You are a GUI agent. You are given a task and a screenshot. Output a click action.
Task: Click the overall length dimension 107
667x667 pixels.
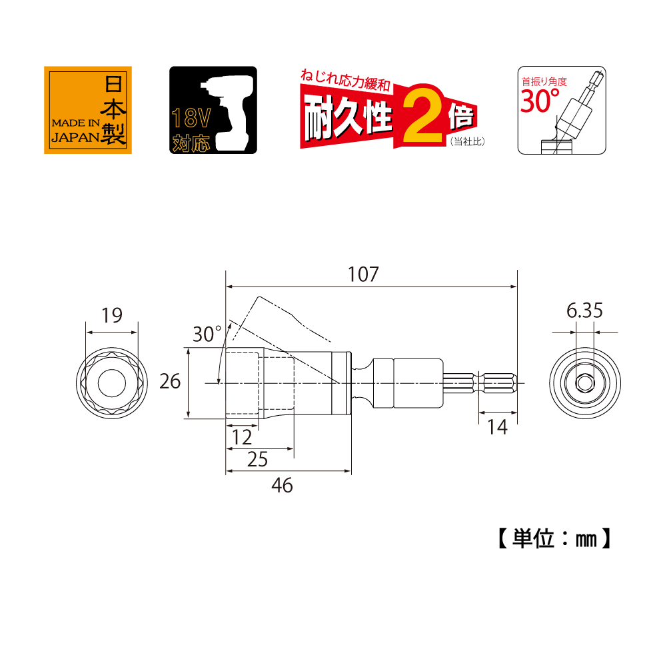[363, 275]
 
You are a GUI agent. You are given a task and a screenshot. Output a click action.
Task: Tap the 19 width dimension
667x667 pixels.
[112, 315]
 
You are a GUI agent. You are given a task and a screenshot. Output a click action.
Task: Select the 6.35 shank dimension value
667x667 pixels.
[584, 311]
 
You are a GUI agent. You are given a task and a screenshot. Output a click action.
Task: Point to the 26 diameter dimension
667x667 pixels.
[170, 381]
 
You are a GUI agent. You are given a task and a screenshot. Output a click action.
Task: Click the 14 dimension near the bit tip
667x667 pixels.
[497, 427]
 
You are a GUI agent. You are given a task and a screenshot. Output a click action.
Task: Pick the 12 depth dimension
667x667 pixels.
[242, 437]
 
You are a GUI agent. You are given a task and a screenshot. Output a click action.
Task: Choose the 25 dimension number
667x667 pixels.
[257, 459]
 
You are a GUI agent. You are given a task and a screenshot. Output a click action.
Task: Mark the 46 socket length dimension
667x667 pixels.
[282, 485]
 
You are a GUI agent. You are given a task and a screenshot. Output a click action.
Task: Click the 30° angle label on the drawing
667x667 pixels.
[207, 334]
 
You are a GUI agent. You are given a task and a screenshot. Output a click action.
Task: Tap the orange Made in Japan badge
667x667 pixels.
[88, 110]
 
